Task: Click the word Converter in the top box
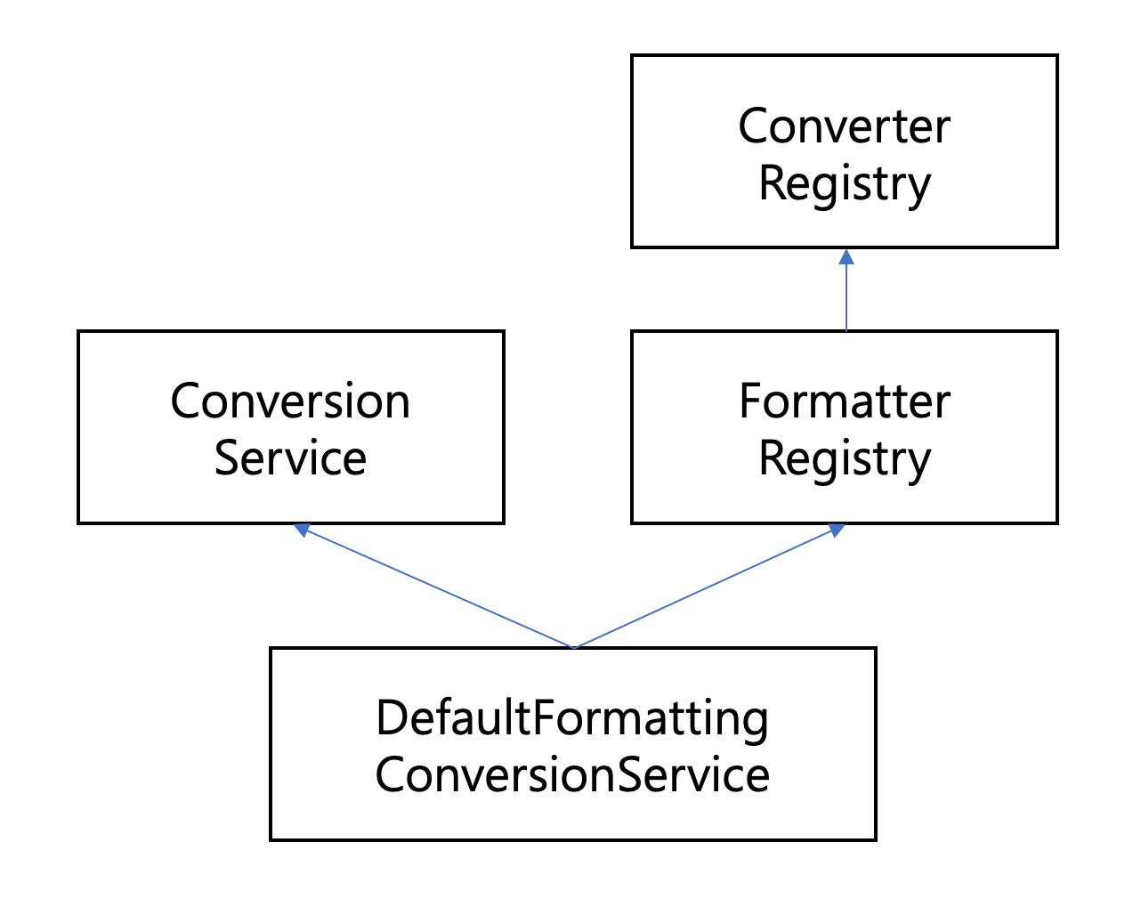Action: point(844,126)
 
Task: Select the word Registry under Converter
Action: point(844,184)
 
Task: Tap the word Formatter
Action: point(844,401)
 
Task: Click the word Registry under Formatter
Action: point(844,459)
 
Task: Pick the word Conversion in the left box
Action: point(290,401)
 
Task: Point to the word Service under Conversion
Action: point(290,458)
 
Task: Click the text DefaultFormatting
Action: point(571,717)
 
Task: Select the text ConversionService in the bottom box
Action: point(571,774)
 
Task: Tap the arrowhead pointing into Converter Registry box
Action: point(846,257)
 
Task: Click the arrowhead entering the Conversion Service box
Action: point(302,530)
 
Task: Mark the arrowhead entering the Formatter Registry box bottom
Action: point(836,530)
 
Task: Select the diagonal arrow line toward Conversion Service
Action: point(436,588)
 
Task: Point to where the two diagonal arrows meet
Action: point(573,647)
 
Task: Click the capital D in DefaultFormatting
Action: point(389,717)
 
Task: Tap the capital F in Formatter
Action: point(749,401)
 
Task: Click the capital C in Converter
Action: point(753,126)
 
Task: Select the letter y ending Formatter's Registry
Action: point(920,463)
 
